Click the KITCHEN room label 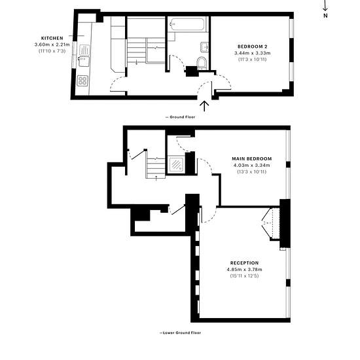pyautogui.click(x=52, y=39)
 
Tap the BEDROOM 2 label pyautogui.click(x=252, y=46)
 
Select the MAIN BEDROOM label pyautogui.click(x=251, y=158)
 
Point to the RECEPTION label pyautogui.click(x=244, y=263)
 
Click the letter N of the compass pyautogui.click(x=325, y=16)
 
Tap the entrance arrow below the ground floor pyautogui.click(x=204, y=106)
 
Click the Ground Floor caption pyautogui.click(x=180, y=117)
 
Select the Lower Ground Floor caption pyautogui.click(x=180, y=333)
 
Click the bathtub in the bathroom pyautogui.click(x=187, y=24)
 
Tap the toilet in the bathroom pyautogui.click(x=202, y=63)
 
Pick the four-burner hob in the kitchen pyautogui.click(x=82, y=81)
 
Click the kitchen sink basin pyautogui.click(x=84, y=62)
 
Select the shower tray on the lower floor pyautogui.click(x=176, y=164)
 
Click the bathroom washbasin pyautogui.click(x=204, y=47)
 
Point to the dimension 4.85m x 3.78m pyautogui.click(x=244, y=269)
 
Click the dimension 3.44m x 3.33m pyautogui.click(x=252, y=53)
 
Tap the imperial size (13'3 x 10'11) pyautogui.click(x=251, y=171)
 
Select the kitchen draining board pyautogui.click(x=84, y=50)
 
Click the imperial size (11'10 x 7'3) pyautogui.click(x=52, y=51)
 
